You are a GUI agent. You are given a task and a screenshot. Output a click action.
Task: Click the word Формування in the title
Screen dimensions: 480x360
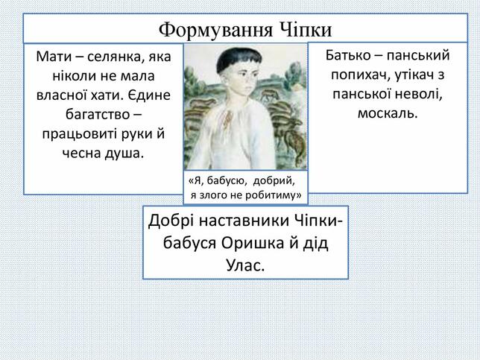pyautogui.click(x=215, y=30)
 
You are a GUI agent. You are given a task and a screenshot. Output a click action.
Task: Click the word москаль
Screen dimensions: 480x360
pyautogui.click(x=388, y=113)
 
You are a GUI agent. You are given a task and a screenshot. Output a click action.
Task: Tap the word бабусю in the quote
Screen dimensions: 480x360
pyautogui.click(x=227, y=181)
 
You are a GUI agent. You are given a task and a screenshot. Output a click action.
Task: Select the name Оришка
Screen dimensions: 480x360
pyautogui.click(x=252, y=244)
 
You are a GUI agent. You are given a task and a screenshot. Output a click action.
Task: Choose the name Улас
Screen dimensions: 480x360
pyautogui.click(x=245, y=265)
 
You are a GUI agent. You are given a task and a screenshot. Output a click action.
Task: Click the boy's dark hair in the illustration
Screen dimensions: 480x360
pyautogui.click(x=238, y=59)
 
